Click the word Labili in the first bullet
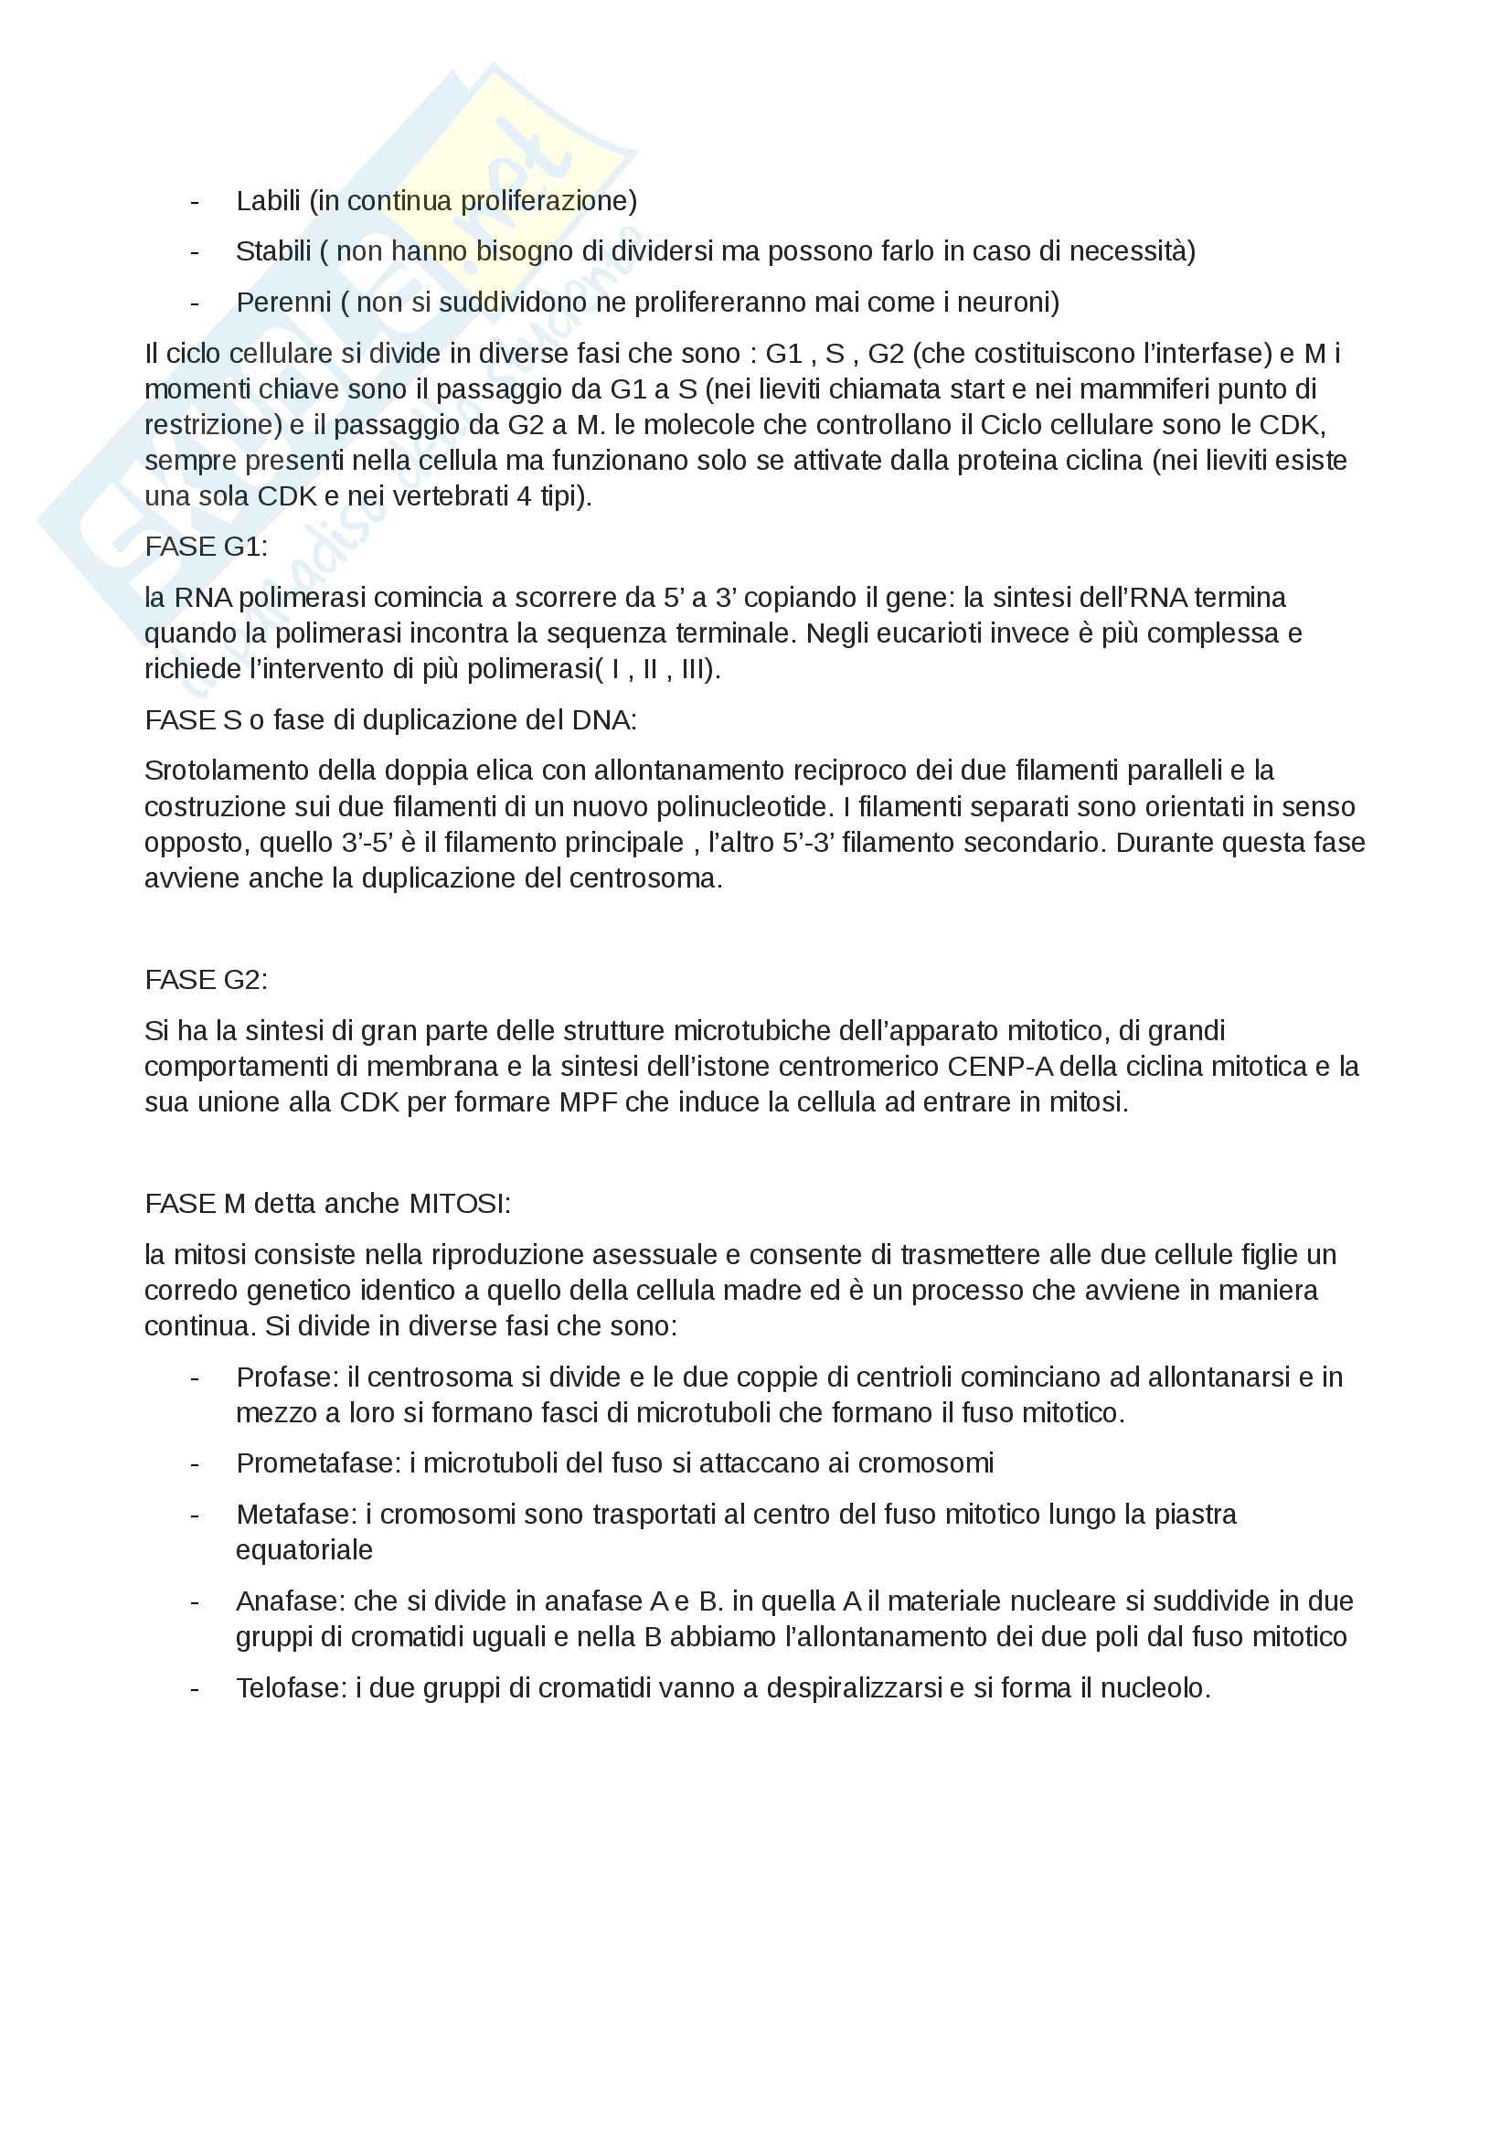coord(268,201)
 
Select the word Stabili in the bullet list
coord(272,251)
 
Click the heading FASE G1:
coord(206,547)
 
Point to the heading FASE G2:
coord(206,980)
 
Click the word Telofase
coord(291,1687)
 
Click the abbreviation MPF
coord(589,1102)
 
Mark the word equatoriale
coord(303,1549)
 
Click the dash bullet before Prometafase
coord(195,1463)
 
